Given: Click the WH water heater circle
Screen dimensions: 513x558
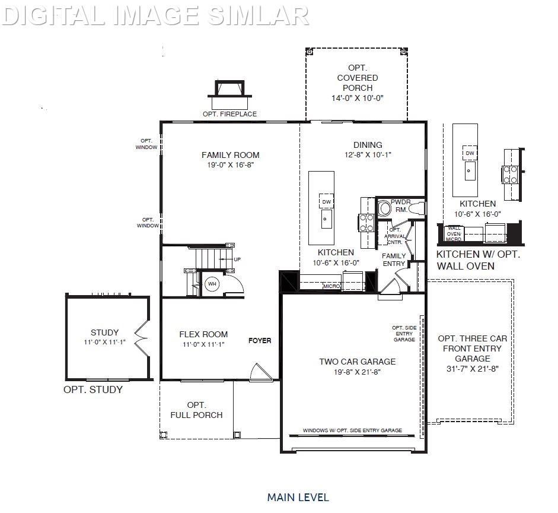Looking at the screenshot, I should pyautogui.click(x=212, y=284).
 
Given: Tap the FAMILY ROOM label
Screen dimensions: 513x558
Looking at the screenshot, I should pyautogui.click(x=230, y=156).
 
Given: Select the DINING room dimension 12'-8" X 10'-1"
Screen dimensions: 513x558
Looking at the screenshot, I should pyautogui.click(x=368, y=154).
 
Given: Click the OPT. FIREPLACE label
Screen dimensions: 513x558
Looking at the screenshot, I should pyautogui.click(x=229, y=114).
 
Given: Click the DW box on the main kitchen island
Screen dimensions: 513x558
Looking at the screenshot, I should pyautogui.click(x=326, y=202).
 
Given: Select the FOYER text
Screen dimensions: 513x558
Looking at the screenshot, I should pyautogui.click(x=260, y=341).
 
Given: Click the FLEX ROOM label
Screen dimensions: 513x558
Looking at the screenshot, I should pyautogui.click(x=203, y=334).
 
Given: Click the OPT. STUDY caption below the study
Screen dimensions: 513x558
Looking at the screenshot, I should pyautogui.click(x=93, y=390).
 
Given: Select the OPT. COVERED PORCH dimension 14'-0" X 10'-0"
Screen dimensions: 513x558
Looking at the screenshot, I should pyautogui.click(x=358, y=98).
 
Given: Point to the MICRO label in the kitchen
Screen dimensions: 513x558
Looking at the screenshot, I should pyautogui.click(x=331, y=287).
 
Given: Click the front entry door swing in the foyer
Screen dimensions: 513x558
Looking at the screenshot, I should pyautogui.click(x=259, y=372).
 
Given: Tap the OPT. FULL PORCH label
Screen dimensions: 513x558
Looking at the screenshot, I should pyautogui.click(x=196, y=410).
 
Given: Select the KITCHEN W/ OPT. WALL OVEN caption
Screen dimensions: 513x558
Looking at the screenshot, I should pyautogui.click(x=478, y=260).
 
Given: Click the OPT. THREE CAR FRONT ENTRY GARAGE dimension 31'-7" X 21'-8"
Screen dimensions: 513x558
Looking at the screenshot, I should pyautogui.click(x=473, y=368).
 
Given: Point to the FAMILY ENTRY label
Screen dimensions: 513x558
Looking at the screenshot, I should pyautogui.click(x=394, y=259).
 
